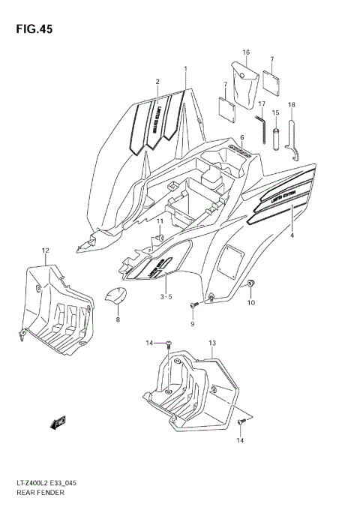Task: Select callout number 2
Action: (157, 81)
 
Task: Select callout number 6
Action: (242, 137)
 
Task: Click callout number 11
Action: (159, 221)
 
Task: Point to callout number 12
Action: (45, 250)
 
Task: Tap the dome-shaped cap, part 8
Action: (115, 297)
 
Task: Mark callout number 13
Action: (212, 343)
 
